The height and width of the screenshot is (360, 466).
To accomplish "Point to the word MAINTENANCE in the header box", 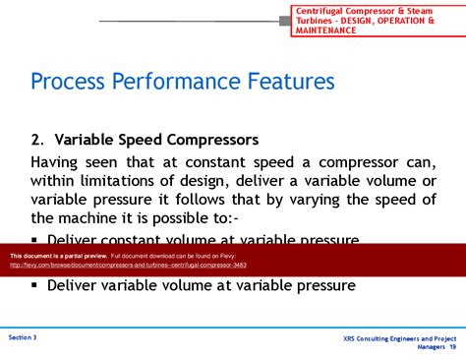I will pos(329,30).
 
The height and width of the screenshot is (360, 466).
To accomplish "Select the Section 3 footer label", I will pos(23,337).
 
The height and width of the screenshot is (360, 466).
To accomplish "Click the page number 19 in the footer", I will pos(452,347).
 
